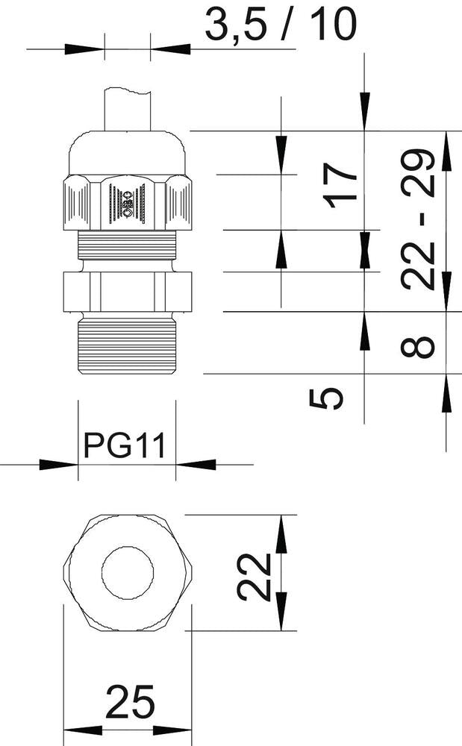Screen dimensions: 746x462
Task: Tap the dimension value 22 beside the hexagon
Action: point(253,577)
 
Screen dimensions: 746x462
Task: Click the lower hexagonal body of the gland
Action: point(127,290)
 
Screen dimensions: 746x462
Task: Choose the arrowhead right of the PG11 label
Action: point(196,465)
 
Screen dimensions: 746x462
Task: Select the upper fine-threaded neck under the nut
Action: point(127,244)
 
